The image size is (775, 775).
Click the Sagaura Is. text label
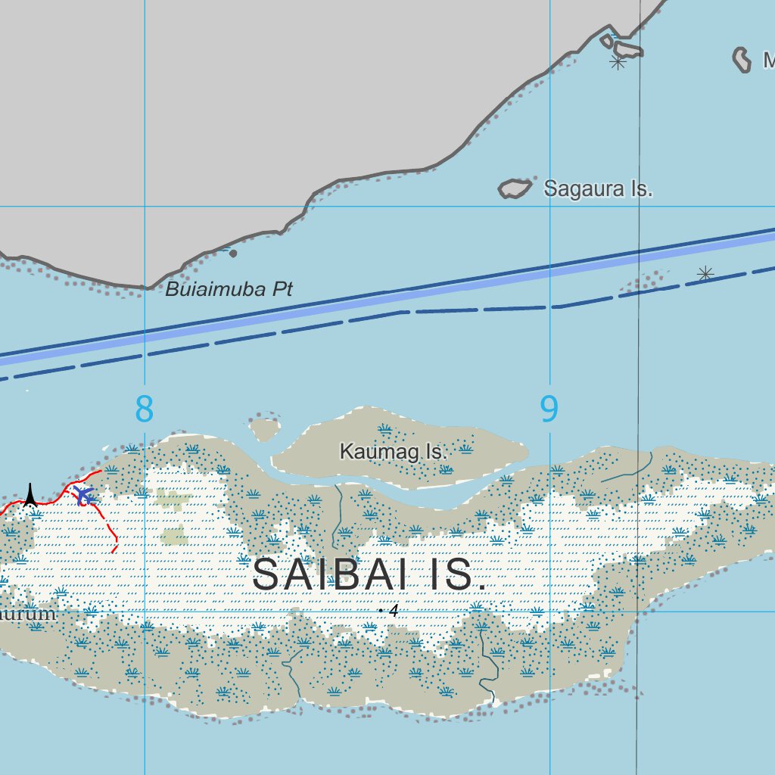(598, 188)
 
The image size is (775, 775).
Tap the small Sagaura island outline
(515, 188)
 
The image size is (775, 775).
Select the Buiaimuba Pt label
(229, 289)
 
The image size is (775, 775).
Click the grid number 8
(144, 409)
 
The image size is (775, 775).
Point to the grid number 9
(549, 409)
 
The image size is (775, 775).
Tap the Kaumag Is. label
(394, 452)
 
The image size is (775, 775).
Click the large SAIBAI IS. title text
(369, 574)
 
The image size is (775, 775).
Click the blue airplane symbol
(83, 496)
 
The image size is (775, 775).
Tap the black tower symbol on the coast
(30, 495)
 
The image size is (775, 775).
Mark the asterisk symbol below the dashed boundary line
(705, 273)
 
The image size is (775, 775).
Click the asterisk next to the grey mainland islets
(618, 63)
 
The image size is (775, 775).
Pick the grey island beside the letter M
(742, 59)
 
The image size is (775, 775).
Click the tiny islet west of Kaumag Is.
(264, 429)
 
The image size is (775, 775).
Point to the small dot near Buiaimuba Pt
(233, 254)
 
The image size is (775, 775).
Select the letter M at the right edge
(768, 60)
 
